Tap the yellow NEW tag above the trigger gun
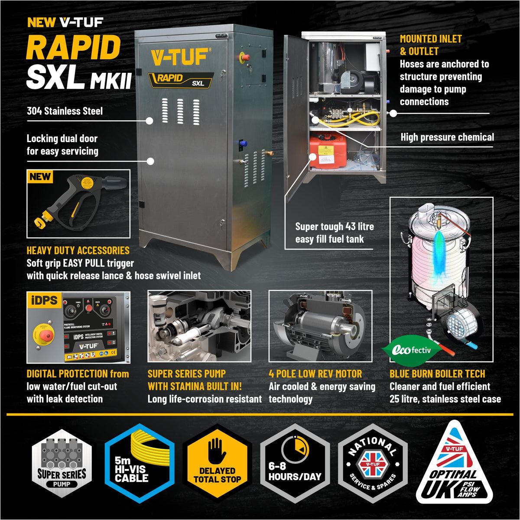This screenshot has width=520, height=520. [40, 177]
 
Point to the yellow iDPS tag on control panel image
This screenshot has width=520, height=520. [44, 300]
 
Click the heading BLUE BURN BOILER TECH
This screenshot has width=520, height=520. [437, 374]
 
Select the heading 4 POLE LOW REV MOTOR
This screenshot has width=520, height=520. [315, 374]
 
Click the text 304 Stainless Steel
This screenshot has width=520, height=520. [65, 111]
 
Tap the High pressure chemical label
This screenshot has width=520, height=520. [447, 137]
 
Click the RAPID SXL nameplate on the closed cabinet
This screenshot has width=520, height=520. [182, 79]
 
